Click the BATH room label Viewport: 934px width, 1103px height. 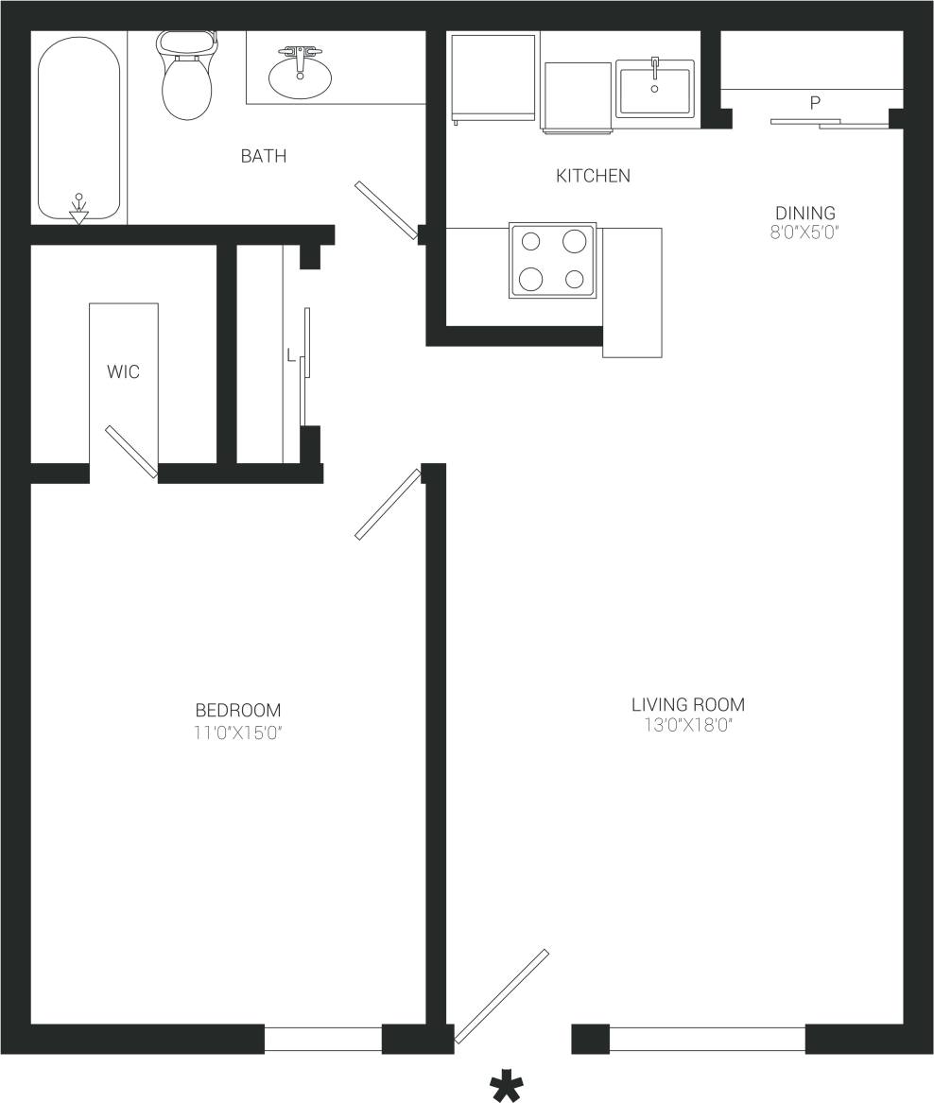pos(263,156)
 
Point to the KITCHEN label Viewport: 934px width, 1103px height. pos(593,176)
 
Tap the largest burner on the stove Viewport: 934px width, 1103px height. pos(575,240)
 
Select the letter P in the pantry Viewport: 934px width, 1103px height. pos(815,103)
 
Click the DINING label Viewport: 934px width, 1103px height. pos(805,213)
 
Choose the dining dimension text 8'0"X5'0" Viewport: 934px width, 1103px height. pos(805,231)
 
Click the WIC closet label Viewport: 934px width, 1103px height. pos(123,371)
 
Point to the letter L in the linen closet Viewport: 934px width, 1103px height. pos(291,356)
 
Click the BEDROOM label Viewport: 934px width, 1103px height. pos(238,710)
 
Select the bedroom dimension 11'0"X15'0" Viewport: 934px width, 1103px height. pos(238,731)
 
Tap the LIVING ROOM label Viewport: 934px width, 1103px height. pos(687,704)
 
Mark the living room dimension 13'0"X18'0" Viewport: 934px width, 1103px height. pos(687,725)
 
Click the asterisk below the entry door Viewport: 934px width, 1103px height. pos(507,1087)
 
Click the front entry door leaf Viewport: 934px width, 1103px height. pos(501,996)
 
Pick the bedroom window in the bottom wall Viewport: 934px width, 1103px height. pos(322,1039)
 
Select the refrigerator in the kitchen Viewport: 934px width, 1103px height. pos(493,78)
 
